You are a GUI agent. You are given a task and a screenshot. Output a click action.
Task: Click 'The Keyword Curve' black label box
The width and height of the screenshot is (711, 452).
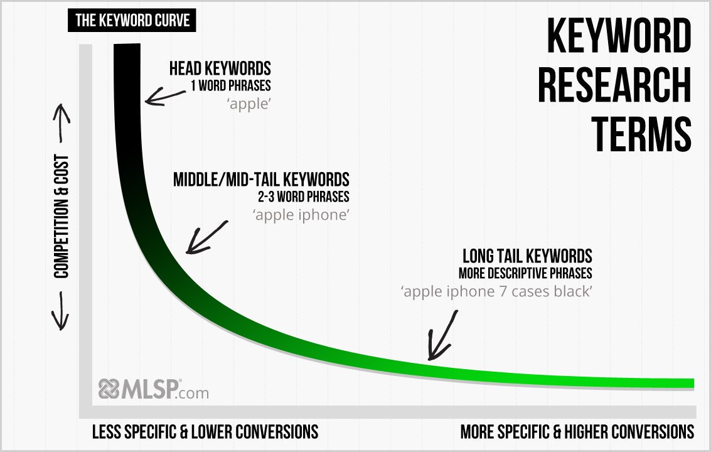coord(132,21)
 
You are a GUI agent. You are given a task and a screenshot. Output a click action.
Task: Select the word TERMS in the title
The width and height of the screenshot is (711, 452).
coord(643,133)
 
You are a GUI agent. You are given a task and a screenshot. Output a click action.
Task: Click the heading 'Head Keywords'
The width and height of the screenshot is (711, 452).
coord(220,68)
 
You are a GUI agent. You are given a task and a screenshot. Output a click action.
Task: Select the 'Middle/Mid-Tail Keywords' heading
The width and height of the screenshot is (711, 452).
coord(261,180)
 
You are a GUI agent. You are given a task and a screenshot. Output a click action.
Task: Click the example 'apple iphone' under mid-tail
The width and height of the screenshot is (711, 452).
coord(301,215)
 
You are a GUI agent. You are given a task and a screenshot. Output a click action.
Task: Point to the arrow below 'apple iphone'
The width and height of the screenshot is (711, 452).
coord(207,237)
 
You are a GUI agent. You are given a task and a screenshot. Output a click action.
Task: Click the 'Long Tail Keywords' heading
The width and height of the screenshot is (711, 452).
coord(527,256)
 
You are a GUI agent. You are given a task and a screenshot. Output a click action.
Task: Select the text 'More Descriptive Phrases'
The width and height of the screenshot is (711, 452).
coord(525,274)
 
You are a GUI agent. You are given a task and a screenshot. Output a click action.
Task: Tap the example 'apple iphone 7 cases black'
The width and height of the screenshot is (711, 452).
coord(496,292)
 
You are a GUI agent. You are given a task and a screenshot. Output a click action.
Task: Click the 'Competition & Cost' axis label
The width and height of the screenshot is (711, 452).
coord(61,217)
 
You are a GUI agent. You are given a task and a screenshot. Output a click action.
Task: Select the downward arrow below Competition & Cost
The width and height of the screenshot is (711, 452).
coord(61,311)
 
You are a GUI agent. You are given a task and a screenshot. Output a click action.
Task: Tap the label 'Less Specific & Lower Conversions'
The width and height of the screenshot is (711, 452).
coord(205,432)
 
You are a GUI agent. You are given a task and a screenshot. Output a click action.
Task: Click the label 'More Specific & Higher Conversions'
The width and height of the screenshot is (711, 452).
coord(577,432)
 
